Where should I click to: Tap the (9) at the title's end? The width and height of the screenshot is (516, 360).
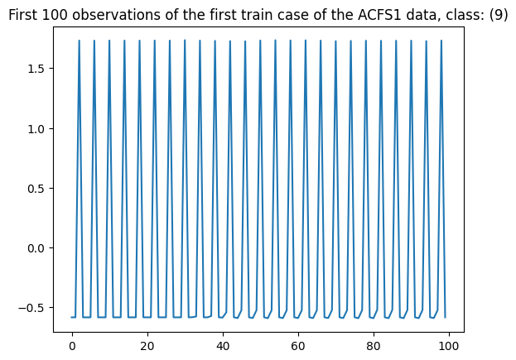(495, 15)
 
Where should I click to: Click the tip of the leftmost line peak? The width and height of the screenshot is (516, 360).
(80, 41)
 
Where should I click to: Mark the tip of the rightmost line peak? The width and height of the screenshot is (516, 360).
(441, 41)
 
